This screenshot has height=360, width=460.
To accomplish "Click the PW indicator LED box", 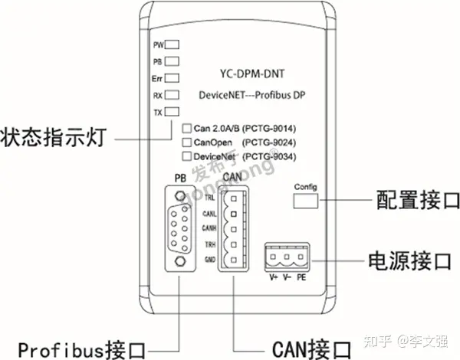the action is (x=172, y=45).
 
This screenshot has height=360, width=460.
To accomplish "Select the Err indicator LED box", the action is (x=172, y=79).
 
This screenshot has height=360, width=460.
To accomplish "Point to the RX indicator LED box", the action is (x=172, y=96).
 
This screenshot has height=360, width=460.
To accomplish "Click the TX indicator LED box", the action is (x=172, y=113).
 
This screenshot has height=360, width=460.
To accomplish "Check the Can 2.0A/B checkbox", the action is (x=186, y=128).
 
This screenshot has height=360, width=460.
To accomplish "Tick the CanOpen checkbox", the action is (x=186, y=142).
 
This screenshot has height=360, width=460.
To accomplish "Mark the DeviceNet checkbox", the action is (x=186, y=157).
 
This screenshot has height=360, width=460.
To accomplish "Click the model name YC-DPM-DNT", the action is (x=250, y=76).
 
